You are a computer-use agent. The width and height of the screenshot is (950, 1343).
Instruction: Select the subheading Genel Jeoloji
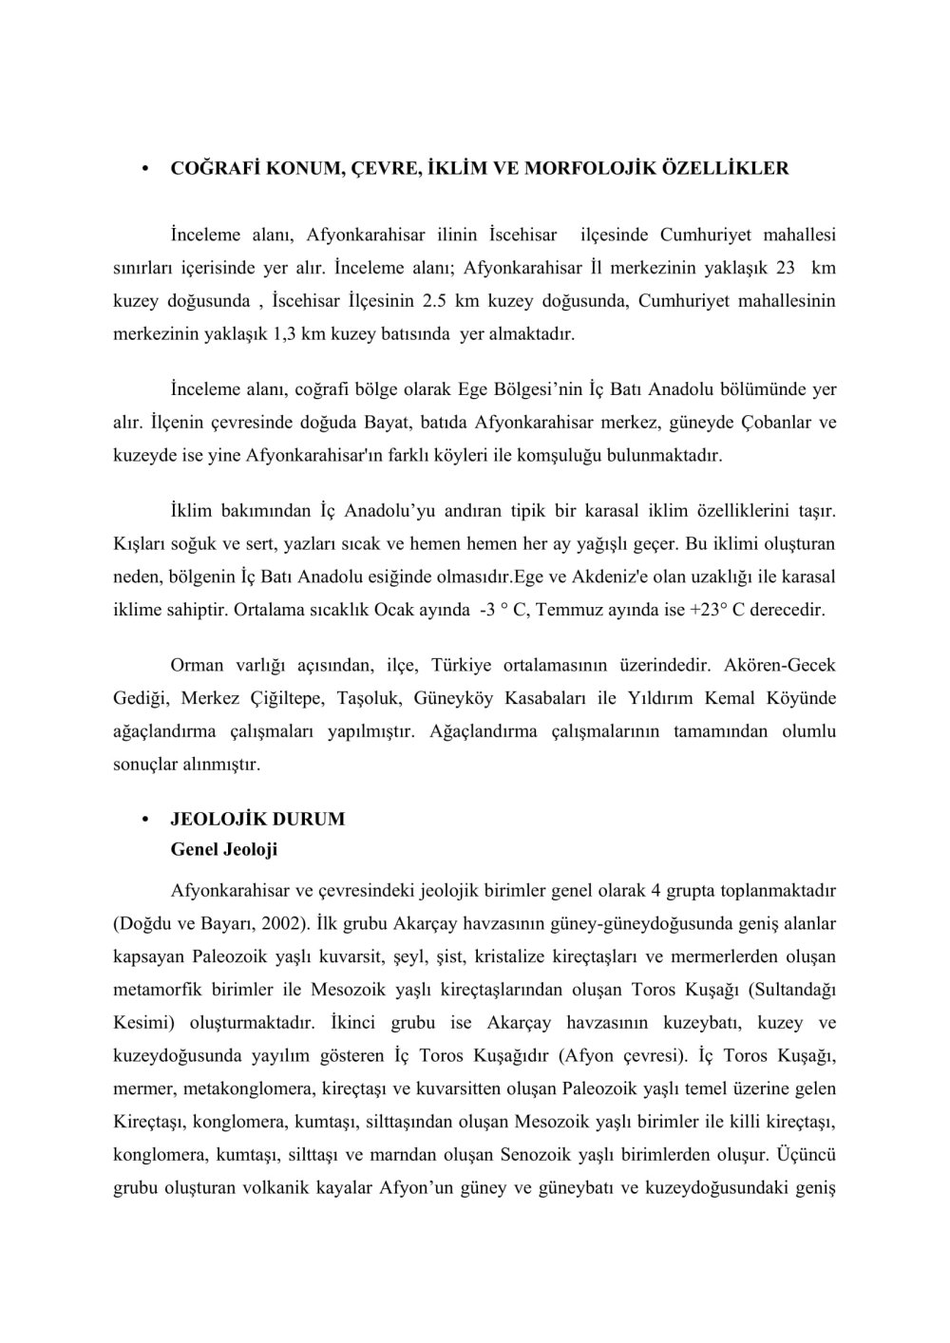(223, 850)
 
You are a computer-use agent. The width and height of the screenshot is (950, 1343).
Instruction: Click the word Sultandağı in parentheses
(792, 989)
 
